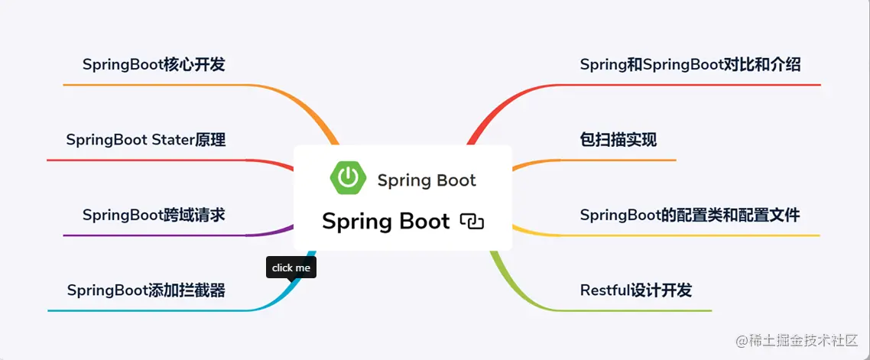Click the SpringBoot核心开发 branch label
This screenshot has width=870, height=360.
tap(154, 65)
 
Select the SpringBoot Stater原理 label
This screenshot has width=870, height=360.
tap(145, 140)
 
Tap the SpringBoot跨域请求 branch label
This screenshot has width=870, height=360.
tap(154, 215)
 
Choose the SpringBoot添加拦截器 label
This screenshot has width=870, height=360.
tap(145, 290)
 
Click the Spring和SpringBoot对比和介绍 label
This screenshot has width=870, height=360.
tap(690, 65)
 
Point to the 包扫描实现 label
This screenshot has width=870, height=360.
tap(618, 140)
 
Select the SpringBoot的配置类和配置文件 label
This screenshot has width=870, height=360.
tap(690, 215)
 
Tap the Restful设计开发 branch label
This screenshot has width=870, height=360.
tap(635, 290)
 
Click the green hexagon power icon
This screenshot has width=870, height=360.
tap(348, 177)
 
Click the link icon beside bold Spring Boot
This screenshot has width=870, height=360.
tap(472, 222)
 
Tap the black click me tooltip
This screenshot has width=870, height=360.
tap(291, 268)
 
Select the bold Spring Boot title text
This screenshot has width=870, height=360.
tap(385, 222)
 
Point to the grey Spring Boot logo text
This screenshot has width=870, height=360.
tap(426, 180)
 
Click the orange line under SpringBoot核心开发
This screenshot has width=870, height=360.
tap(153, 85)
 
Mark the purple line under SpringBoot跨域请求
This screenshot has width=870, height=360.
tap(153, 235)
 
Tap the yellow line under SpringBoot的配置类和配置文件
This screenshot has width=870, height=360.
tap(688, 235)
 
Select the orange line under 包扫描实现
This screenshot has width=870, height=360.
tap(619, 161)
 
